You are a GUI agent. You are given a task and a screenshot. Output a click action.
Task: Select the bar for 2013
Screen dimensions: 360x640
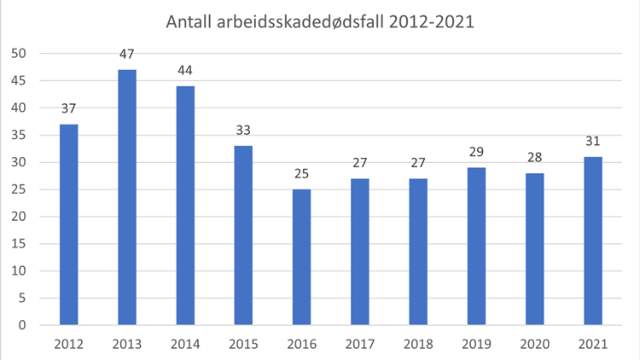[x=126, y=197]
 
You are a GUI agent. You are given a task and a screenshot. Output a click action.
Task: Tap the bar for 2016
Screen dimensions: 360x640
[x=301, y=257]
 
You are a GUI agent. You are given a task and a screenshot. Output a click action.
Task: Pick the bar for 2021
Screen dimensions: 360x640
[x=593, y=241]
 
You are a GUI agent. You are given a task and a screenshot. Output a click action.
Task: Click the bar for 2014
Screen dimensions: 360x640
[x=185, y=206]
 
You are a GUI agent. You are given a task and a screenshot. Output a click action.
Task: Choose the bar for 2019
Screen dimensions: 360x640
[x=476, y=246]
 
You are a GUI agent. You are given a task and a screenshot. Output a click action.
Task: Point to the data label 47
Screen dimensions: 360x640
[x=126, y=54]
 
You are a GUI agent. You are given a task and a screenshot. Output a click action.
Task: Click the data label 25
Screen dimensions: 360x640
[x=301, y=174]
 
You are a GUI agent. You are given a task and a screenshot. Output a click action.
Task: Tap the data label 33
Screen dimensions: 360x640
[x=243, y=131]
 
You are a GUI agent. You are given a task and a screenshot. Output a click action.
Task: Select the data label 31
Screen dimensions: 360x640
[x=593, y=142]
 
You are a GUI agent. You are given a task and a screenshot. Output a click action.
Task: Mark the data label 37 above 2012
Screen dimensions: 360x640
[x=68, y=108]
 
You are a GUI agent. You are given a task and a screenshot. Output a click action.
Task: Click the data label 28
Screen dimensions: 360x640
[x=535, y=158]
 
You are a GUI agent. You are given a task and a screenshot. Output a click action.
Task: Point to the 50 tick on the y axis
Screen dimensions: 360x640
[x=19, y=54]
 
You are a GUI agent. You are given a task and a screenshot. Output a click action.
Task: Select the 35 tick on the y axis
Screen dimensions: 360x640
[x=19, y=136]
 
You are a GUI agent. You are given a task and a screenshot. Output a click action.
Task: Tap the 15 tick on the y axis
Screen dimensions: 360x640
[x=19, y=244]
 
